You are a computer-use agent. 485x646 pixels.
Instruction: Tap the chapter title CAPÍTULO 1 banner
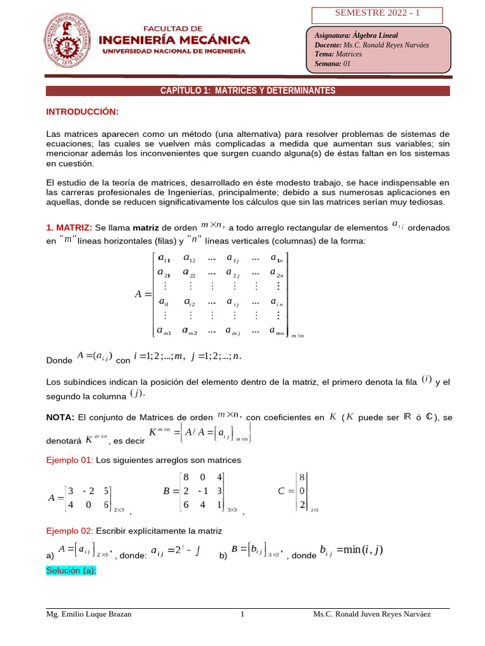coord(248,91)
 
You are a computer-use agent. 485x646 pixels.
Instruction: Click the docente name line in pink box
coord(363,45)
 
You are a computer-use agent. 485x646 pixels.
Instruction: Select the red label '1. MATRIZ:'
coord(69,227)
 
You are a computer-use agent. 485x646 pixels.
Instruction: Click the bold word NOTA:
coord(60,417)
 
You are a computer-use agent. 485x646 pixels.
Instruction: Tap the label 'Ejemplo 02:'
coord(69,531)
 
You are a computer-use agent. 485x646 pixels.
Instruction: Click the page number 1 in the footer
coord(242,614)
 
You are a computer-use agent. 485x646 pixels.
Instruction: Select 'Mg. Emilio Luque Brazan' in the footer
coord(89,614)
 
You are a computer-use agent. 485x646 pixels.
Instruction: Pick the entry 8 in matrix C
coord(302,478)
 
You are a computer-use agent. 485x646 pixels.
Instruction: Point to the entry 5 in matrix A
coord(107,491)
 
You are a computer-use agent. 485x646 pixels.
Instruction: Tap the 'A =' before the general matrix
coord(143,294)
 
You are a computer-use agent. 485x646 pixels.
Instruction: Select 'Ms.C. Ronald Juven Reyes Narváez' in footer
coord(372,614)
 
